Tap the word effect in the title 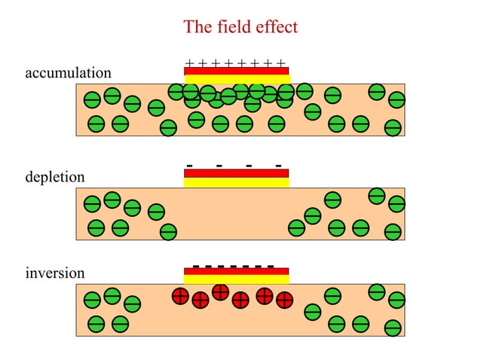[277, 28]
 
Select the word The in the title [198, 28]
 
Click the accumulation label [68, 73]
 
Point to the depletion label [54, 177]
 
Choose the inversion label [55, 273]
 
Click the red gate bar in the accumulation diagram [236, 71]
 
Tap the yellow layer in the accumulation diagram [236, 79]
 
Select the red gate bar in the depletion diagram [236, 173]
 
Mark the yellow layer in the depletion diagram [236, 182]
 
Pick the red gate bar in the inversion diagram [236, 271]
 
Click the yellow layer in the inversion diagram [236, 279]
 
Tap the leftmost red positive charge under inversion [180, 296]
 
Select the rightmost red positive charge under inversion [284, 300]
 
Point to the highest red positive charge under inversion [220, 291]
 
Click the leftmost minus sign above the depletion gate [189, 165]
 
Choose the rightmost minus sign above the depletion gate [279, 165]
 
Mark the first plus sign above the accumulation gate [188, 63]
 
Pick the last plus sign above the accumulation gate [281, 63]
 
